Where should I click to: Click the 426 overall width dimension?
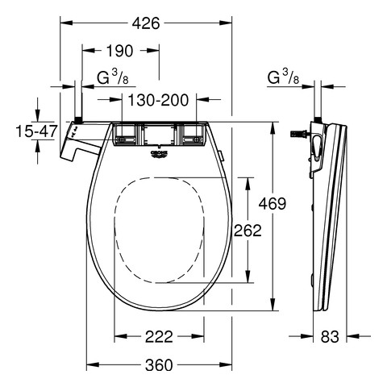146,23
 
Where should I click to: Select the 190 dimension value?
119,51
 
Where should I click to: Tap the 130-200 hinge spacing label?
158,100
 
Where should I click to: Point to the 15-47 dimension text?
36,131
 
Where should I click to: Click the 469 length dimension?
273,203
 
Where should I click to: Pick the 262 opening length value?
248,231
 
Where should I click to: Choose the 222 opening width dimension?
159,336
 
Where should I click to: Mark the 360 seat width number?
159,365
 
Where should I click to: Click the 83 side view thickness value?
330,336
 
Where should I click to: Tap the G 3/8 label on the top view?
113,77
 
